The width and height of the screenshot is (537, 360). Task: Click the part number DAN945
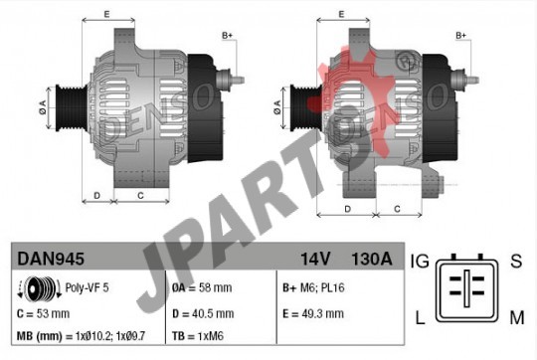(51, 259)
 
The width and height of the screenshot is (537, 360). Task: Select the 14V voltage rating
(315, 259)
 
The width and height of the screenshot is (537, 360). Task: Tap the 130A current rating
(372, 259)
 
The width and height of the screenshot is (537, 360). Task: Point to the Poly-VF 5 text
(87, 287)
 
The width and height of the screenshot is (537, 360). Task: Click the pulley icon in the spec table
(40, 288)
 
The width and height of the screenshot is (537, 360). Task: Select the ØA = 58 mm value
(202, 287)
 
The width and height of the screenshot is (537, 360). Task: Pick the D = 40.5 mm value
(203, 314)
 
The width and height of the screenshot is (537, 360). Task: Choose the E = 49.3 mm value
(313, 314)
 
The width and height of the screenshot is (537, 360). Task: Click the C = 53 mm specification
(43, 314)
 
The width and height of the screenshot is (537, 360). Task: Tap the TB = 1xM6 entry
(198, 336)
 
